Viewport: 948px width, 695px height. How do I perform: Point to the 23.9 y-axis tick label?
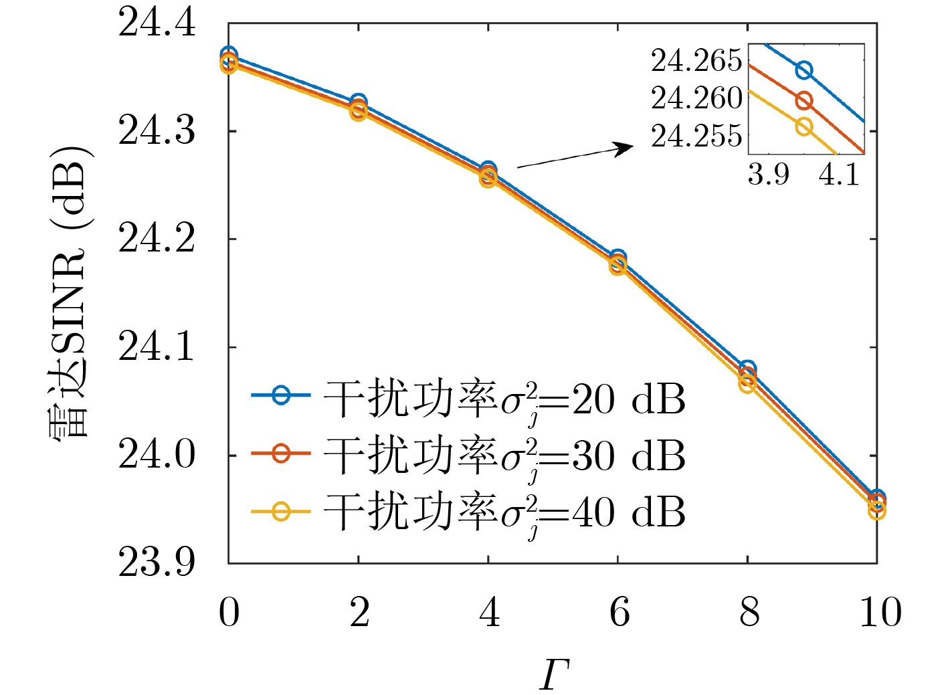point(157,562)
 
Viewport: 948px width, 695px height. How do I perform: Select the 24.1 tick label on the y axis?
point(157,347)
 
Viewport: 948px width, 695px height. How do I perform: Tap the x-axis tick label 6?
point(619,612)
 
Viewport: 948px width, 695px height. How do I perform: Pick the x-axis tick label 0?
point(229,612)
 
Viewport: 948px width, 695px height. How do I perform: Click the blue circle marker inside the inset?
point(804,70)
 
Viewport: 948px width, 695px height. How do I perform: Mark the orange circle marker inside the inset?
point(804,101)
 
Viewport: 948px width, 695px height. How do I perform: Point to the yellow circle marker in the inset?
point(804,126)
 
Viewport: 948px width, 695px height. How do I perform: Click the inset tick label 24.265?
point(696,61)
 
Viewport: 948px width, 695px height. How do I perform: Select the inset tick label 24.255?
point(696,136)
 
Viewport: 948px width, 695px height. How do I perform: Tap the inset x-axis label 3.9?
point(768,175)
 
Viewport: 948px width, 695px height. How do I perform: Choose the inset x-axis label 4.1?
point(839,175)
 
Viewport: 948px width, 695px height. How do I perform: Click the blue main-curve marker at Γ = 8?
point(747,369)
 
